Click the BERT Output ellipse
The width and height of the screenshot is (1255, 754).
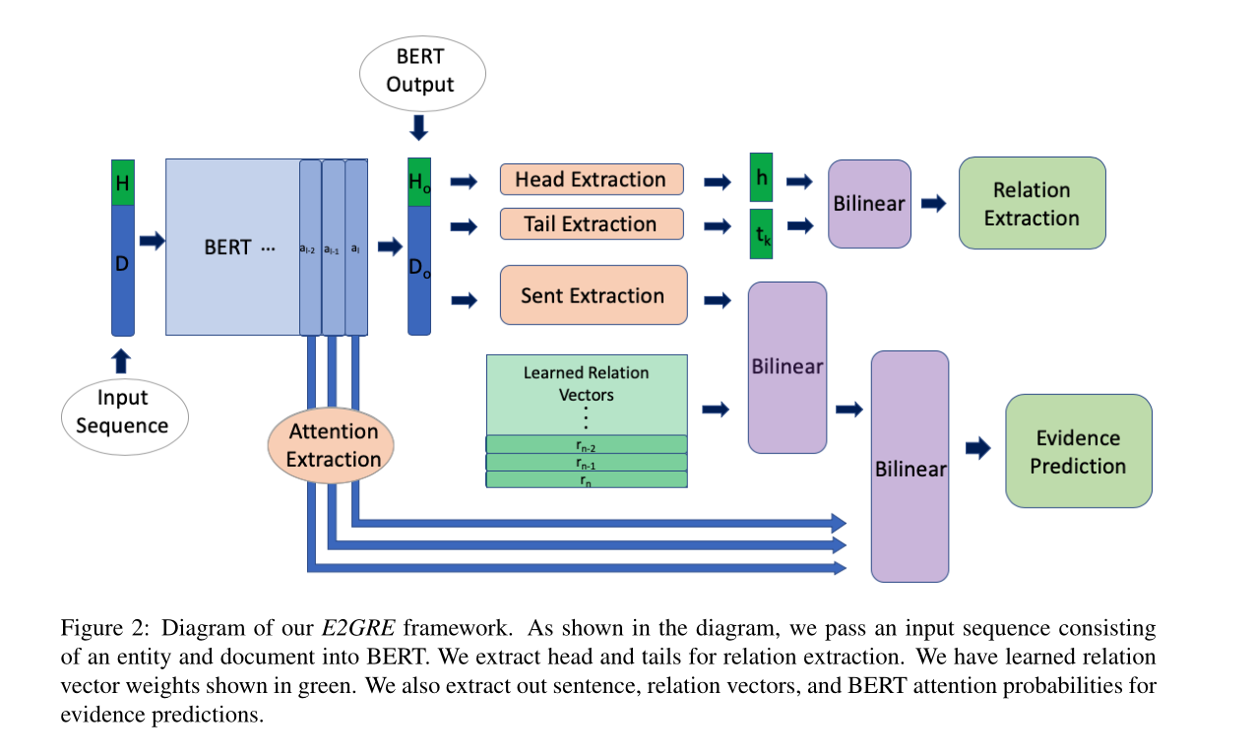[x=420, y=72]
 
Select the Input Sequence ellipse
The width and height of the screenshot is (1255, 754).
[x=125, y=411]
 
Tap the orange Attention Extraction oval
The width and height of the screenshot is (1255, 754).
[x=334, y=445]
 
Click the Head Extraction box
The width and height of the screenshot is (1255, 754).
[x=591, y=179]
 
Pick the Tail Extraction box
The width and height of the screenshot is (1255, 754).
[x=591, y=224]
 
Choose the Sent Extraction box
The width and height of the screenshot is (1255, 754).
[x=593, y=295]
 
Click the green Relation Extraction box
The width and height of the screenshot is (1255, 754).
[x=1032, y=204]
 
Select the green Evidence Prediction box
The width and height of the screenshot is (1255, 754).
[x=1078, y=452]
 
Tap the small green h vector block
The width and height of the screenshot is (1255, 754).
[x=761, y=179]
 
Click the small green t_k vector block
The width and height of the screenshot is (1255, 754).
[x=761, y=233]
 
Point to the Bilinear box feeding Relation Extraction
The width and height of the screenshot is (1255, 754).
[x=869, y=204]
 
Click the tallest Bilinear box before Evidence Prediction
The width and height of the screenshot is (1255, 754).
[x=910, y=467]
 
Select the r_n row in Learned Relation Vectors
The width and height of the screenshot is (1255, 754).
[x=587, y=479]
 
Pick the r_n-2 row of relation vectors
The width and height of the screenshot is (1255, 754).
[x=587, y=444]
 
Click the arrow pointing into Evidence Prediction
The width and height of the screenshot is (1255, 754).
[x=977, y=448]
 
